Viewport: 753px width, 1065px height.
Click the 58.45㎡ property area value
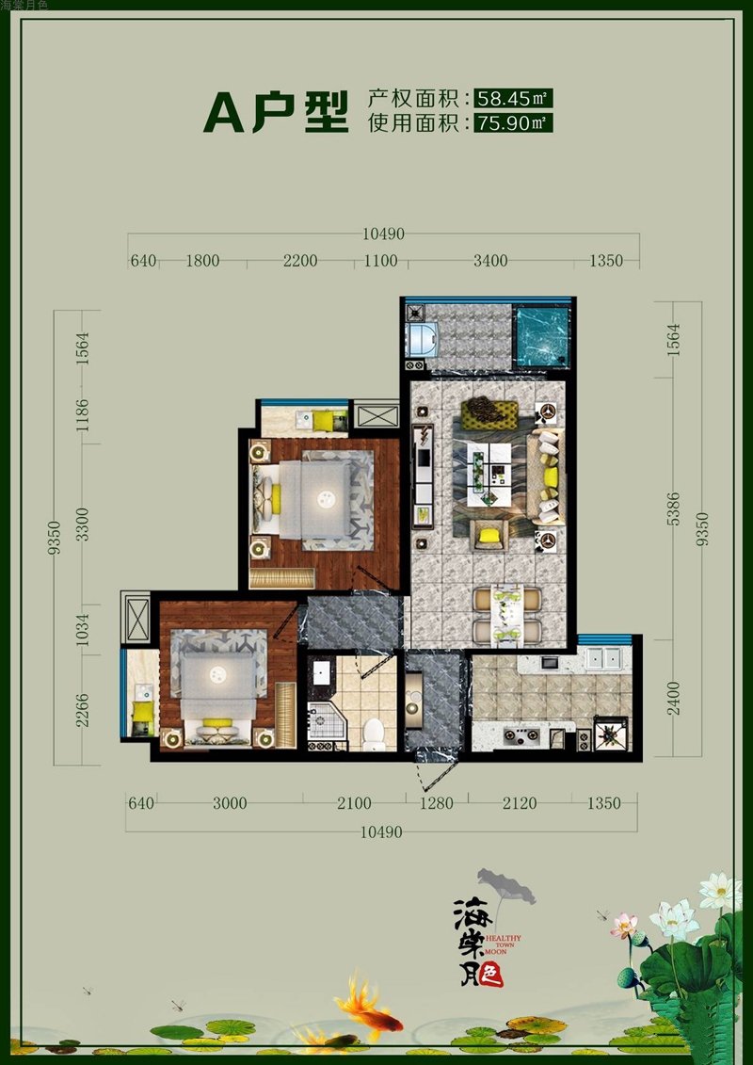pyautogui.click(x=513, y=99)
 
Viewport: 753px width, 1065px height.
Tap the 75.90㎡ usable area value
pyautogui.click(x=513, y=123)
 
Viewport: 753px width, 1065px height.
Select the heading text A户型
pyautogui.click(x=276, y=111)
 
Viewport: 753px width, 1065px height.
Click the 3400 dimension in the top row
pyautogui.click(x=490, y=261)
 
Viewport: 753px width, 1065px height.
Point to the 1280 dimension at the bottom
pyautogui.click(x=437, y=803)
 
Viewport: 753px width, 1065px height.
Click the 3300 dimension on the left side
pyautogui.click(x=82, y=524)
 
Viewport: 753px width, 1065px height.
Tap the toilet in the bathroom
pyautogui.click(x=374, y=735)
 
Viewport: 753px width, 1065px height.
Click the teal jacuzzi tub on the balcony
pyautogui.click(x=541, y=336)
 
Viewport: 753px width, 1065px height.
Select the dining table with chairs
pyautogui.click(x=507, y=615)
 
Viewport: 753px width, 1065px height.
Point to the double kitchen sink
pyautogui.click(x=603, y=658)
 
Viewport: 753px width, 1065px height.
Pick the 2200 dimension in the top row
pyautogui.click(x=300, y=261)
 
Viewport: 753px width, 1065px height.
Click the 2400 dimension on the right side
pyautogui.click(x=673, y=698)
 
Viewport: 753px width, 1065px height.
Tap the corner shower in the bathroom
pyautogui.click(x=327, y=721)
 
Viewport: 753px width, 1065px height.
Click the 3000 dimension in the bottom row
pyautogui.click(x=231, y=803)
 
